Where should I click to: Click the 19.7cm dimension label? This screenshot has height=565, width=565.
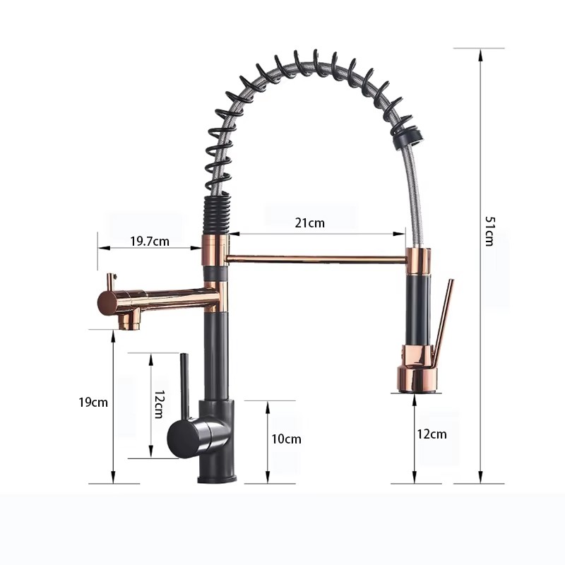click(149, 241)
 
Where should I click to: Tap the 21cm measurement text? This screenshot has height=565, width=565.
click(309, 223)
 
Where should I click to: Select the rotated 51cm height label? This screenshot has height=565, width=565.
click(488, 230)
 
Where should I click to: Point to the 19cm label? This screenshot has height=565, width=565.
click(93, 403)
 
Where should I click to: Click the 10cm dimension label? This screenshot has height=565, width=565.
click(286, 439)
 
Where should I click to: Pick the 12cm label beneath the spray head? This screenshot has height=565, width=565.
click(432, 434)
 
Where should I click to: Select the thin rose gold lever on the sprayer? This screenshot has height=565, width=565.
click(443, 318)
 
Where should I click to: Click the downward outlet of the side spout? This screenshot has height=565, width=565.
click(129, 321)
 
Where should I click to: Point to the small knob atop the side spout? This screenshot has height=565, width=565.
click(110, 280)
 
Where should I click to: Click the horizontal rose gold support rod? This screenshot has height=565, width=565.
click(315, 259)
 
